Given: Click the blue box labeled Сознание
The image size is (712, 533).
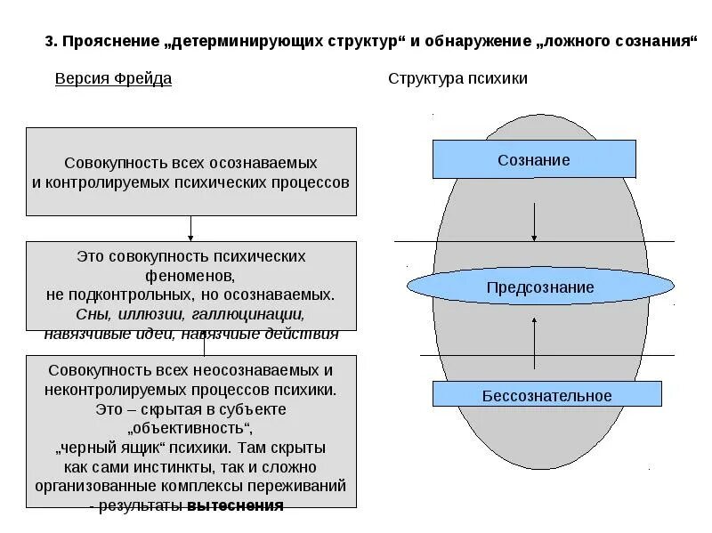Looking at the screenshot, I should tap(534, 159).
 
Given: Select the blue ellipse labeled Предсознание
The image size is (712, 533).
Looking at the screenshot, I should tap(540, 287).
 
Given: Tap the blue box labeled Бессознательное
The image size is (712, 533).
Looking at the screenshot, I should tap(546, 395).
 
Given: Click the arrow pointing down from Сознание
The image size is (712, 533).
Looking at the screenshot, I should tap(534, 222).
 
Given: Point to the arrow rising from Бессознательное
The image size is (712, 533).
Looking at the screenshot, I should tap(534, 343).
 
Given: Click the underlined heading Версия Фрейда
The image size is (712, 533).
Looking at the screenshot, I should tap(113, 78).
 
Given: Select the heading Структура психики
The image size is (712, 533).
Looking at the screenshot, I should tap(457, 78).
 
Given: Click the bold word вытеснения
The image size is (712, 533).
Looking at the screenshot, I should tap(235, 505).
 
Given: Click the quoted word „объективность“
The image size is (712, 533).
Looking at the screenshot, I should tap(191, 427).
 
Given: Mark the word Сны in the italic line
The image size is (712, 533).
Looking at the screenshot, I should tap(91, 313).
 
